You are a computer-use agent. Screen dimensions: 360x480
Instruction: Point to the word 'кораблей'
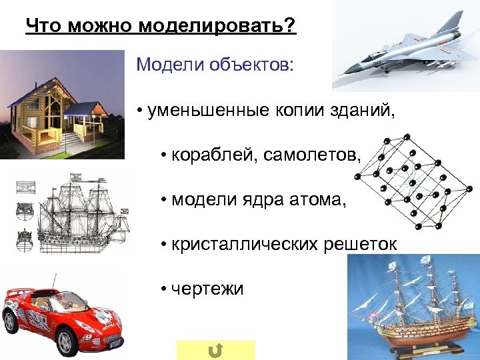pos(214,155)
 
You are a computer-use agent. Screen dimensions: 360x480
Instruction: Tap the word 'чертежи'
pos(207,289)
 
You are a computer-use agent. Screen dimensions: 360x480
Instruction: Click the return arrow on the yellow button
pos(215,350)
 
